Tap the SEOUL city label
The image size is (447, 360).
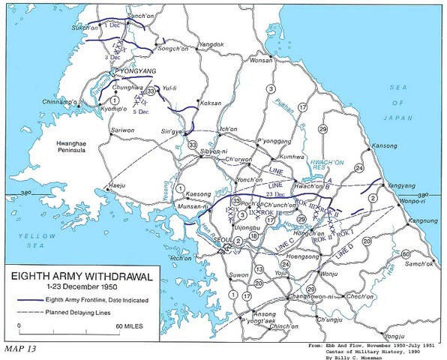pyautogui.click(x=221, y=241)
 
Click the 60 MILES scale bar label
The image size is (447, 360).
pyautogui.click(x=128, y=327)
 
